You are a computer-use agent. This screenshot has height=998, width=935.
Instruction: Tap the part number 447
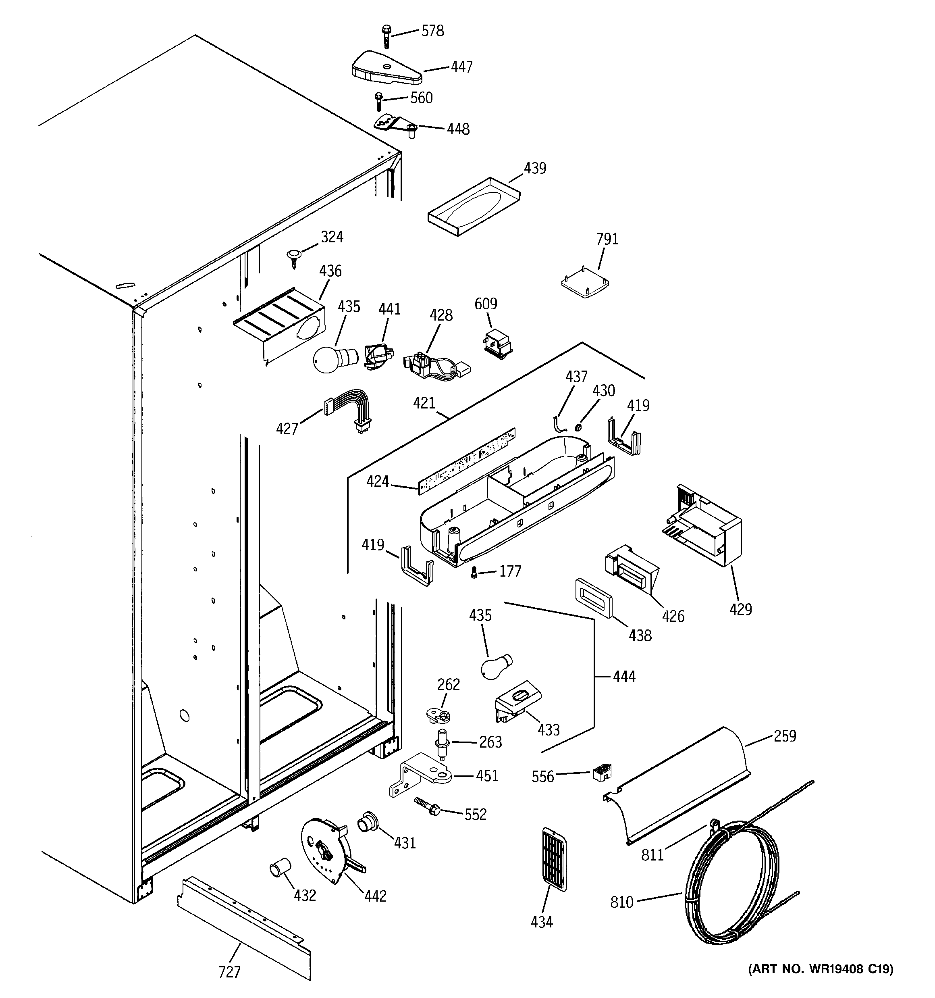(461, 67)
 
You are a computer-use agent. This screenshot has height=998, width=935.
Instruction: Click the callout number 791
(607, 239)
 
